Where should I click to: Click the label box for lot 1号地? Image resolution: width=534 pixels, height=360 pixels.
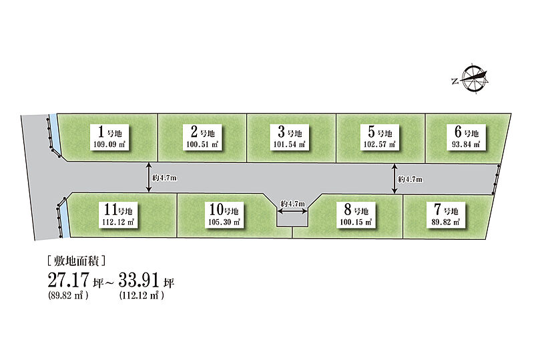109,137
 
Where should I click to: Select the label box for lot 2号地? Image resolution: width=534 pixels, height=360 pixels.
203,137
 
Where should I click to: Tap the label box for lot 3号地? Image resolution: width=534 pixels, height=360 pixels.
290,137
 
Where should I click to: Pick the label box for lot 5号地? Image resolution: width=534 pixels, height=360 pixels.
380,137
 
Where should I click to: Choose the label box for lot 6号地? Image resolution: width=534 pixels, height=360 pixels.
466,137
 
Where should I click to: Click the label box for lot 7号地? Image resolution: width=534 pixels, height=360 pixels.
446,215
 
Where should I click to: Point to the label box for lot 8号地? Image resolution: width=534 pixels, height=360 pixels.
356,215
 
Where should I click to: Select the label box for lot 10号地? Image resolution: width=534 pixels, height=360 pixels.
224,215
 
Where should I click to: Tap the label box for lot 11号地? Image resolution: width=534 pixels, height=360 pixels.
118,215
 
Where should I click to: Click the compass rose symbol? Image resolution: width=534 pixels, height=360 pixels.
473,78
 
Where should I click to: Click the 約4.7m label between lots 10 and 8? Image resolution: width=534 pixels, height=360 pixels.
293,204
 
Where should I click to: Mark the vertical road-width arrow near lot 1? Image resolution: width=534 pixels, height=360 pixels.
148,177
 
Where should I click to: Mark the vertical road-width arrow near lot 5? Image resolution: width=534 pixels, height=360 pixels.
394,178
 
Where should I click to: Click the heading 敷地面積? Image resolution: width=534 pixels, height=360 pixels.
77,261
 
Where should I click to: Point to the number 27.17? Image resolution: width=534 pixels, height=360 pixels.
69,281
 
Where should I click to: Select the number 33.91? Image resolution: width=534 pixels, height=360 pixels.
139,281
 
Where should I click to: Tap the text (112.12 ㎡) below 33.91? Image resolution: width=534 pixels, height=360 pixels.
142,295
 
